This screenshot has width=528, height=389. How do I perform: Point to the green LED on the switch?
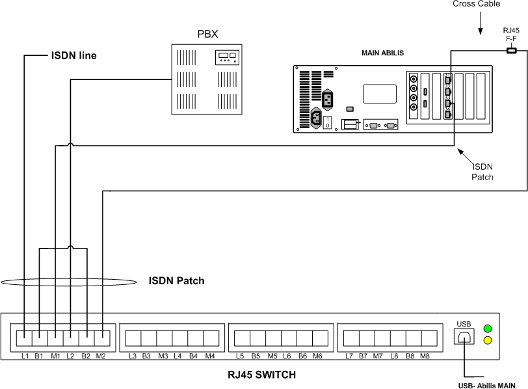pyautogui.click(x=487, y=328)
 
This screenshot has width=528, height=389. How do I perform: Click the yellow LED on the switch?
pyautogui.click(x=487, y=340)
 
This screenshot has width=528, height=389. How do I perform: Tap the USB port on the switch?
pyautogui.click(x=464, y=337)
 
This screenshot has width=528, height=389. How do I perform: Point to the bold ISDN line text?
pyautogui.click(x=73, y=55)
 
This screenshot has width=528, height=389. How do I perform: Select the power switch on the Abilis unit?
pyautogui.click(x=328, y=122)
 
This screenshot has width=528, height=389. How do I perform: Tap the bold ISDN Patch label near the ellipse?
pyautogui.click(x=177, y=281)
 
